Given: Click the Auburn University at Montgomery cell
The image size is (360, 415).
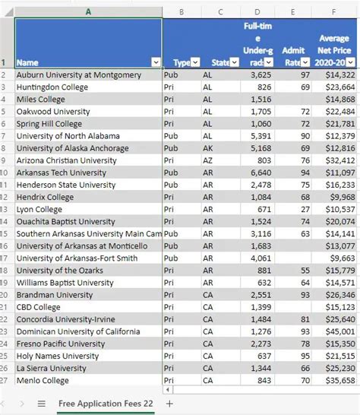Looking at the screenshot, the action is click(78, 75).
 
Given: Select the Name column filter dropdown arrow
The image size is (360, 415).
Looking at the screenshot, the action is click(156, 62).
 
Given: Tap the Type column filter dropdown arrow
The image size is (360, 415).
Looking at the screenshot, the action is click(194, 62).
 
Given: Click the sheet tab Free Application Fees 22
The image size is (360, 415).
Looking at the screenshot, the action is click(105, 403).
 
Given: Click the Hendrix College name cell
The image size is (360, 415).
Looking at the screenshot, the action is click(46, 198).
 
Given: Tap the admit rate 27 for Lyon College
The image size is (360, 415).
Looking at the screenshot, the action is click(305, 209).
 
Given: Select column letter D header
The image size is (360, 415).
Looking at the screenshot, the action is click(257, 11).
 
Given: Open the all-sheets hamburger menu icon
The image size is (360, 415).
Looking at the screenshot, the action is click(42, 403).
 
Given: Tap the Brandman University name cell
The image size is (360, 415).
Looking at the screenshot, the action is click(55, 295).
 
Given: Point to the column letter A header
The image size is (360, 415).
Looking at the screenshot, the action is click(88, 11).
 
